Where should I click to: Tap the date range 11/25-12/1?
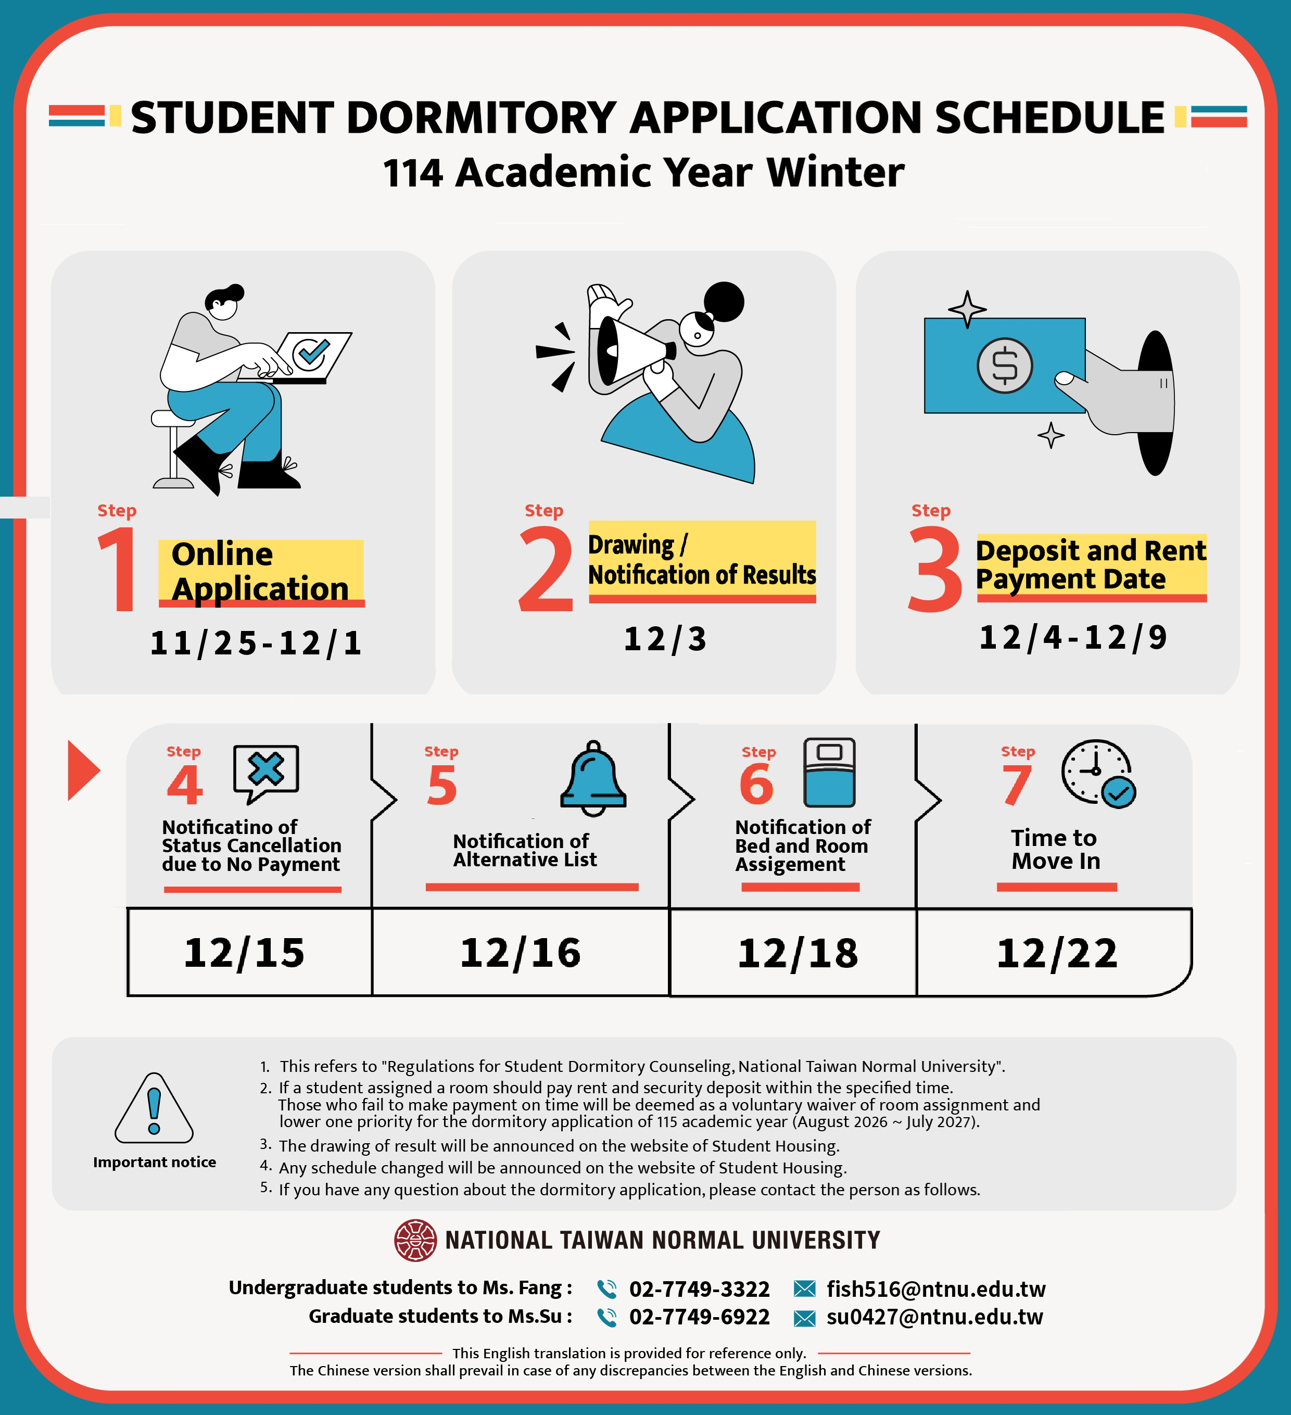pyautogui.click(x=256, y=643)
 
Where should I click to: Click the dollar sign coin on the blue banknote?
pyautogui.click(x=1005, y=365)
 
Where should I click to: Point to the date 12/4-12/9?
pyautogui.click(x=1073, y=637)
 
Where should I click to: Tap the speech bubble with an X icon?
pyautogui.click(x=265, y=772)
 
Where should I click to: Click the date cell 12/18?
pyautogui.click(x=798, y=953)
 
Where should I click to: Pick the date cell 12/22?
pyautogui.click(x=1057, y=953)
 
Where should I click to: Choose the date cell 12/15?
pyautogui.click(x=244, y=953)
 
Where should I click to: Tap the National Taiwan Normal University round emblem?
pyautogui.click(x=415, y=1240)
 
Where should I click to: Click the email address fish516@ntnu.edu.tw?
pyautogui.click(x=936, y=1288)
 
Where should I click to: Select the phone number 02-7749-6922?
pyautogui.click(x=699, y=1317)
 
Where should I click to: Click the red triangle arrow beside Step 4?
pyautogui.click(x=82, y=770)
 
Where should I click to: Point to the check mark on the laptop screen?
pyautogui.click(x=311, y=352)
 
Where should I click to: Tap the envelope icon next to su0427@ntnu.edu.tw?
pyautogui.click(x=804, y=1318)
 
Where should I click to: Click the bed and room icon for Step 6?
pyautogui.click(x=829, y=772)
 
